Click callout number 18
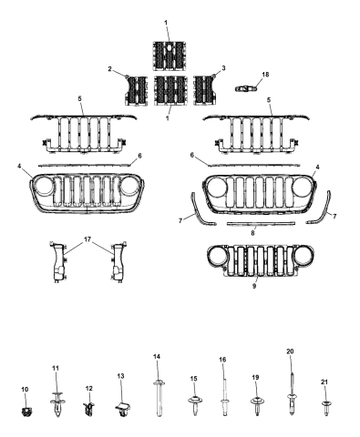click(265, 74)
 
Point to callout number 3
click(223, 68)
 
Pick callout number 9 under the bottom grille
click(254, 285)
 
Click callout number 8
click(252, 232)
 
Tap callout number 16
click(221, 361)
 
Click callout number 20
click(290, 351)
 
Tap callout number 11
click(56, 368)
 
